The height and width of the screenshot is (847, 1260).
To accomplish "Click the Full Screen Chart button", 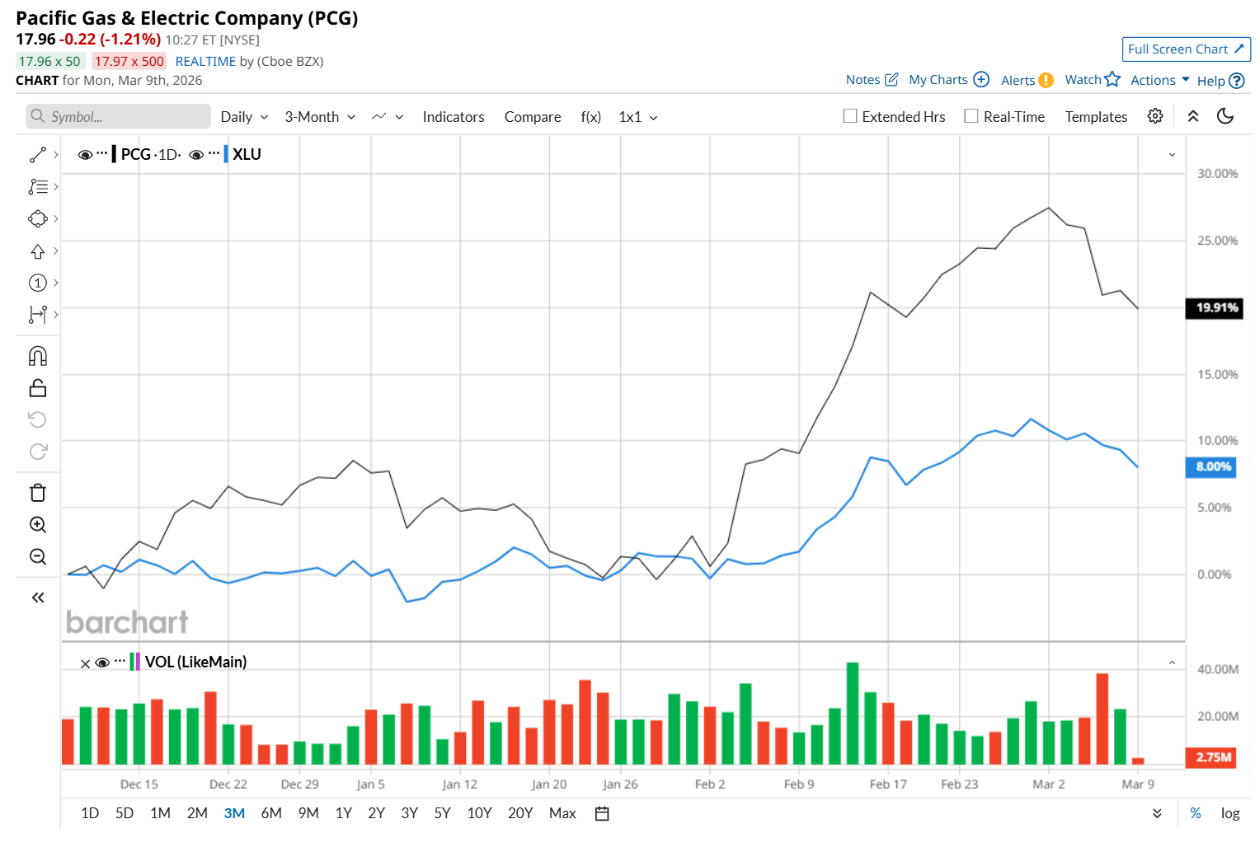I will click(x=1185, y=49).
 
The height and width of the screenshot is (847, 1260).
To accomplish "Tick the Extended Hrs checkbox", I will click(x=850, y=116).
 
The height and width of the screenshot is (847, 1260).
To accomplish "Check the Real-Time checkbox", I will click(x=971, y=116).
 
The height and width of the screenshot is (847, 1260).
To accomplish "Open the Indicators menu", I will click(x=453, y=117).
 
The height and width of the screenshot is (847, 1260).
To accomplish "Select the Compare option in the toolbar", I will click(x=532, y=117).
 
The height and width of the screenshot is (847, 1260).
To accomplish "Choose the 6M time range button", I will click(x=271, y=813).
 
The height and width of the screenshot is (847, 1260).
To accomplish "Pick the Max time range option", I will click(x=562, y=813).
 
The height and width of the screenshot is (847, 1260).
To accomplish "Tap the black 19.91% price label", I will click(x=1214, y=308).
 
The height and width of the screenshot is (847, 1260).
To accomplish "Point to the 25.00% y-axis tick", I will click(x=1217, y=241).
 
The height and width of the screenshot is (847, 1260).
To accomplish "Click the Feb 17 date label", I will click(x=887, y=784).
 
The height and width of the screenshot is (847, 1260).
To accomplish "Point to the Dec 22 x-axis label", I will click(x=228, y=784).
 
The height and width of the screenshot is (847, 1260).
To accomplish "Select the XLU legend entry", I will click(x=247, y=155).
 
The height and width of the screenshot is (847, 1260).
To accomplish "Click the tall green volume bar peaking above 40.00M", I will click(x=853, y=713).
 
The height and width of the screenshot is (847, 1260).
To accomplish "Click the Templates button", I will click(x=1095, y=117).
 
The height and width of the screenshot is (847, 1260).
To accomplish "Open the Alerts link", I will click(x=1027, y=80).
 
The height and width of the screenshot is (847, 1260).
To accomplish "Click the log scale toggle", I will click(x=1229, y=813).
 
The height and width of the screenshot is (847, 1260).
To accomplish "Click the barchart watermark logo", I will click(x=127, y=622).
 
